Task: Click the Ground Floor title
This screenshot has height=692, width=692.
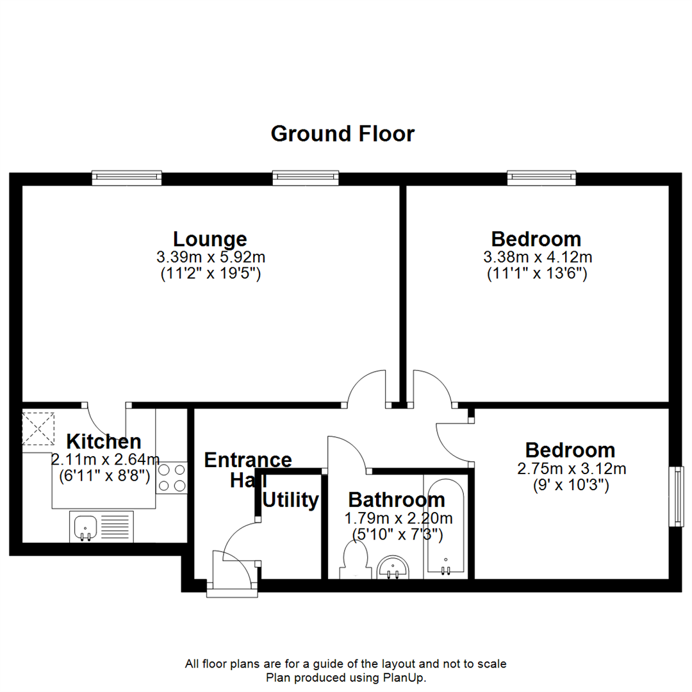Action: click(343, 134)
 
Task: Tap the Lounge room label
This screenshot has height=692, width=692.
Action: click(210, 239)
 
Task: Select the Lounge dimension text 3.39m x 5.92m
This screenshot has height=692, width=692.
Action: click(210, 258)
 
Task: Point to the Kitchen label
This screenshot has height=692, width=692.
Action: click(104, 441)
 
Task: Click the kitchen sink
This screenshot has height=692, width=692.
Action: click(84, 528)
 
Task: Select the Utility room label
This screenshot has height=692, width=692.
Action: click(291, 500)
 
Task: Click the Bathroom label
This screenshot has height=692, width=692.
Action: click(396, 500)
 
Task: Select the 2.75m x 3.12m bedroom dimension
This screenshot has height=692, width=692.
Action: click(571, 468)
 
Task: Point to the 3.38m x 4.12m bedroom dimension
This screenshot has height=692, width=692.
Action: click(537, 258)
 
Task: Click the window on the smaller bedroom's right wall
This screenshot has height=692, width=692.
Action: click(675, 497)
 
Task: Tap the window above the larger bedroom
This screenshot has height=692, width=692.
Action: click(542, 177)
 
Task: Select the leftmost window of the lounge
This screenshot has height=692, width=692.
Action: click(126, 177)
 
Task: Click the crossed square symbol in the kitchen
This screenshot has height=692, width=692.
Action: click(39, 429)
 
